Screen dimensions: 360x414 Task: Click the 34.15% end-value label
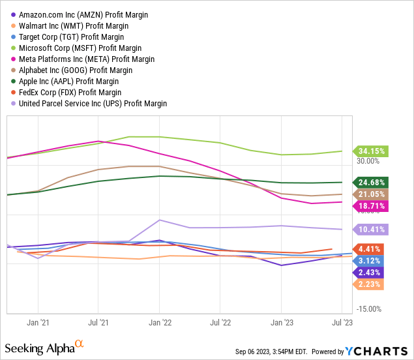370,151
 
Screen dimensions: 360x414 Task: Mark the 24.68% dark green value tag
370,183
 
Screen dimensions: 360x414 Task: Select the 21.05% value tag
370,194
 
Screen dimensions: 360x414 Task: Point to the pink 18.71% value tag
370,206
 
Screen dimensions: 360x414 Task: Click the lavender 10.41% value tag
370,229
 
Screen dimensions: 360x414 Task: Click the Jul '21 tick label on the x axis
98,322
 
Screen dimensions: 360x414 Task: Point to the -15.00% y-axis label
368,309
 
